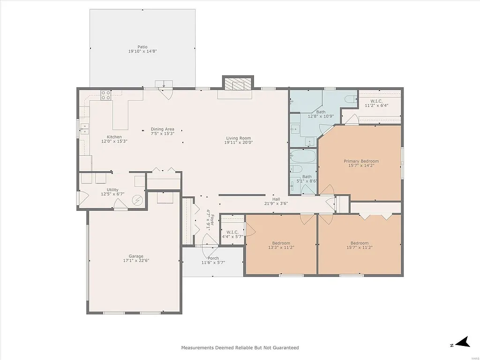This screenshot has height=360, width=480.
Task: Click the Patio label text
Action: (x=142, y=47)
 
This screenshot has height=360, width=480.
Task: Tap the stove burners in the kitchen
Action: (x=106, y=96)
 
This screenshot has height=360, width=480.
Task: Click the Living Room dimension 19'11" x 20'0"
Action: (x=238, y=142)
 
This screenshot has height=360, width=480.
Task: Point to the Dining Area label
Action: (x=162, y=129)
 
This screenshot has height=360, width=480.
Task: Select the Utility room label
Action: (x=112, y=190)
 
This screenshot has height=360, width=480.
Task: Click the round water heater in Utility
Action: (x=137, y=200)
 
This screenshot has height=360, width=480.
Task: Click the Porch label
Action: (x=213, y=258)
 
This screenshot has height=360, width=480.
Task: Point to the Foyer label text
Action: (x=211, y=218)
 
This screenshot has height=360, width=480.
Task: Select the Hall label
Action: (x=276, y=199)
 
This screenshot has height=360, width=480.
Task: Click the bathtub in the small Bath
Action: (x=297, y=169)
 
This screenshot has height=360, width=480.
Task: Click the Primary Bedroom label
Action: (x=360, y=161)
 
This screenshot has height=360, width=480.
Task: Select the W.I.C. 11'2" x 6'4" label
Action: (x=376, y=101)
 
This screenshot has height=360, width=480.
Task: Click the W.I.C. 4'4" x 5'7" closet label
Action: (x=232, y=232)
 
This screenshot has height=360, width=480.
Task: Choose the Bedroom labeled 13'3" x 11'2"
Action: (x=281, y=243)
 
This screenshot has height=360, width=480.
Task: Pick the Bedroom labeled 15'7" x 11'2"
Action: (x=360, y=243)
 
